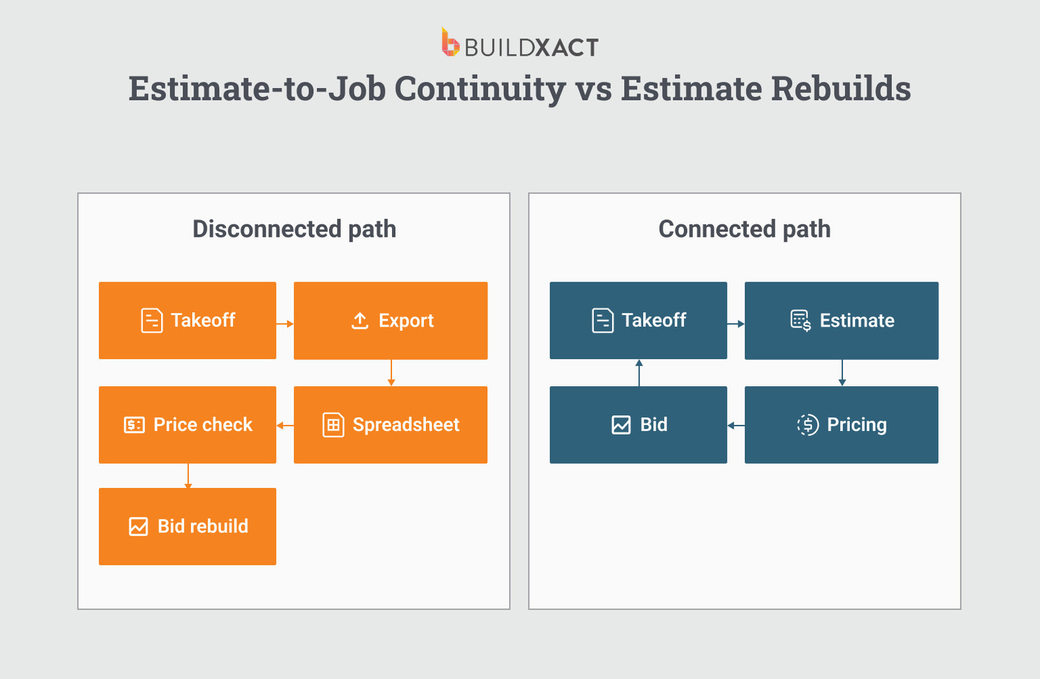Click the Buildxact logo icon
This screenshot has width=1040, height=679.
[450, 42]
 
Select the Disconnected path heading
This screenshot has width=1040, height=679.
[294, 229]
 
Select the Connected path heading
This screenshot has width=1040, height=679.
[744, 229]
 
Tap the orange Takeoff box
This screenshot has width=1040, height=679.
[187, 320]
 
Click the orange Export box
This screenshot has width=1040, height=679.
[391, 320]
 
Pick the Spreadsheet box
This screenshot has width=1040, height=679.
[391, 425]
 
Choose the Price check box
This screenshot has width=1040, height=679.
[187, 425]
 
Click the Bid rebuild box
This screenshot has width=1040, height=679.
[187, 527]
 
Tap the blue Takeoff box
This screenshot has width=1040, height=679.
[638, 320]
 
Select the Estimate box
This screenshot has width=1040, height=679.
[842, 320]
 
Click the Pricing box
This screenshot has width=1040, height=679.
[842, 425]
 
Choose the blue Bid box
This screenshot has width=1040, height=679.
[638, 425]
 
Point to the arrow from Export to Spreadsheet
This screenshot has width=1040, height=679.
[391, 373]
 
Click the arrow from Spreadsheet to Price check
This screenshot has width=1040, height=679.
[285, 426]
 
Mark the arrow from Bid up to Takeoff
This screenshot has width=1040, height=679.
[639, 373]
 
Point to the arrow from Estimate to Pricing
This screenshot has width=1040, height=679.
[842, 373]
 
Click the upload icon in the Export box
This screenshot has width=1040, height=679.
[360, 320]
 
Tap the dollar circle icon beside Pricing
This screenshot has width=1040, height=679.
[808, 425]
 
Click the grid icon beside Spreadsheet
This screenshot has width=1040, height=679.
[333, 425]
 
